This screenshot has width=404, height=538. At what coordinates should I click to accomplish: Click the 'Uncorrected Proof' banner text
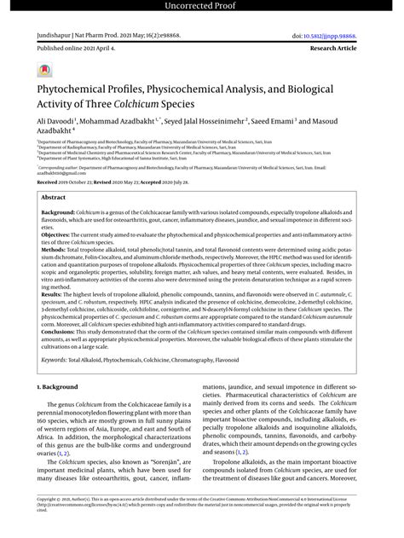[202, 8]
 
